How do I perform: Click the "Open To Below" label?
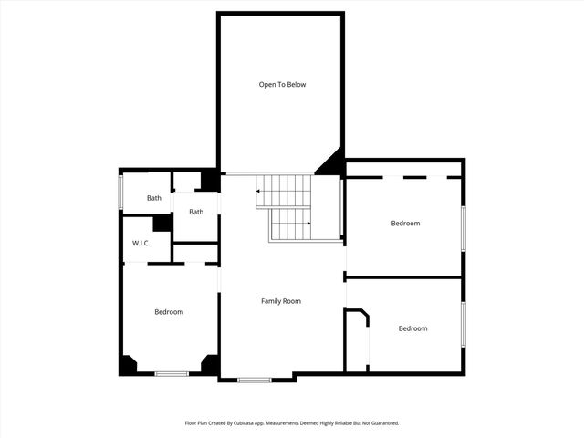282,85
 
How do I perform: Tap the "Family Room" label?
281,301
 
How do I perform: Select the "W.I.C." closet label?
141,243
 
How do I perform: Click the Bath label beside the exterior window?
154,198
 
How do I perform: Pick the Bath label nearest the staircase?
196,212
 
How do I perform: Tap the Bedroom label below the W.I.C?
169,312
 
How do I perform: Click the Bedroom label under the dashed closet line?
405,224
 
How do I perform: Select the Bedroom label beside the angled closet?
412,328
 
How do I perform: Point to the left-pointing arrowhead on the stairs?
258,192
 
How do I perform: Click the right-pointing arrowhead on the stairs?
309,223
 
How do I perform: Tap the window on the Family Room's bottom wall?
255,380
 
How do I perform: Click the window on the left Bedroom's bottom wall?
172,373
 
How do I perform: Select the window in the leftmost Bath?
121,193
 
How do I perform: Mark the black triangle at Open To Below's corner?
332,164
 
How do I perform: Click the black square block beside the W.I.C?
162,223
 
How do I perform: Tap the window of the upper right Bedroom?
463,227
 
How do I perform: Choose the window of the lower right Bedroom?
463,324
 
